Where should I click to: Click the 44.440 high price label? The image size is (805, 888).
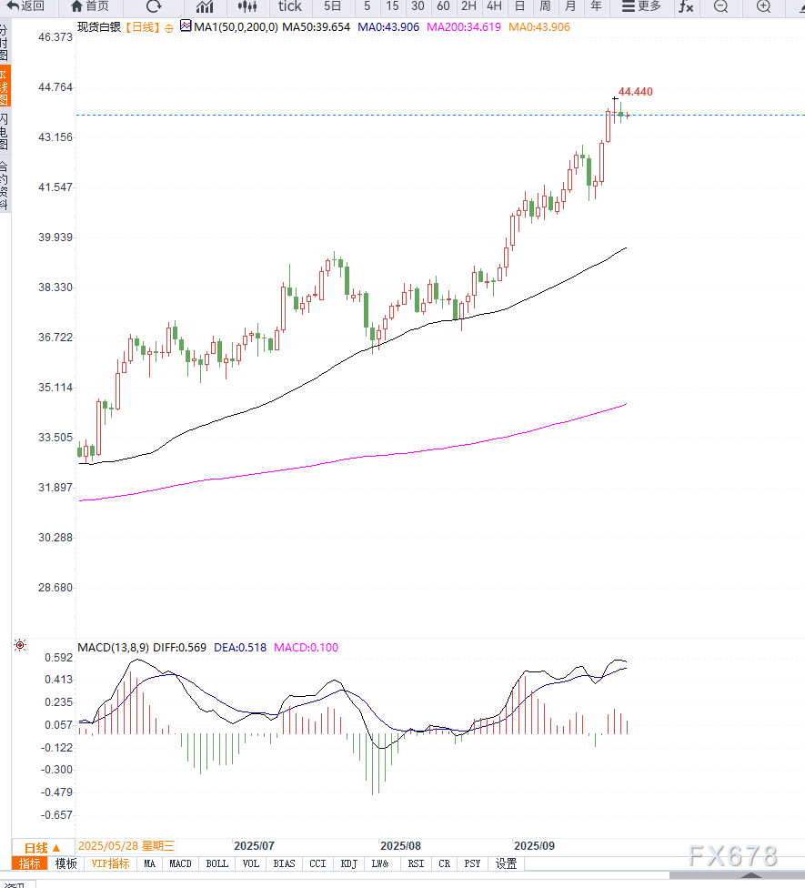(x=635, y=92)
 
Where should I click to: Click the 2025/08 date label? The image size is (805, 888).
(x=401, y=845)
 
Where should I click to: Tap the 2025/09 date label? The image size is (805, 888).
(x=534, y=845)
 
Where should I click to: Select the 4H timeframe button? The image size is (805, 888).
(x=494, y=6)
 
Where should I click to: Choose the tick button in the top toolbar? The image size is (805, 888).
(x=289, y=6)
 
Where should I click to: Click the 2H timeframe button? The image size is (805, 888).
(x=468, y=6)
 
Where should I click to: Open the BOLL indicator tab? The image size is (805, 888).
(x=216, y=863)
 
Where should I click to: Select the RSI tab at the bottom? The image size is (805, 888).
(x=416, y=863)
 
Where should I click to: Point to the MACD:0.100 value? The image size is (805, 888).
(x=306, y=648)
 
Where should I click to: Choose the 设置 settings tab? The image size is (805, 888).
(x=507, y=863)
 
